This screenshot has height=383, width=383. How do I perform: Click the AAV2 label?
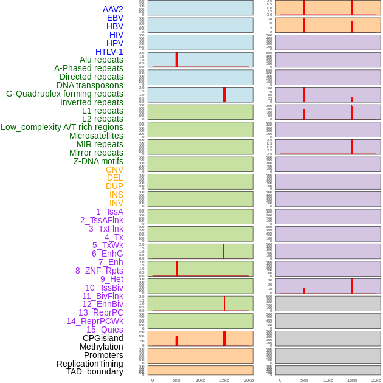(113, 9)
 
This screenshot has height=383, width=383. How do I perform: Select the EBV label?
(115, 18)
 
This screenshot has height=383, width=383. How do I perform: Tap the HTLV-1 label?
(109, 52)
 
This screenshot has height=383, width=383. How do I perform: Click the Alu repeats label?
(102, 60)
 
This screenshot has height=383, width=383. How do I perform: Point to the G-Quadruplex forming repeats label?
(64, 94)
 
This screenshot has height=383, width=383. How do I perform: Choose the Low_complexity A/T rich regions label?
(62, 127)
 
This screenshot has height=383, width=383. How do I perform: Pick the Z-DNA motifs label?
(98, 161)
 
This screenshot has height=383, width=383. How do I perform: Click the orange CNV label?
(114, 170)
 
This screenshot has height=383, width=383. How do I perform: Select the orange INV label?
(116, 203)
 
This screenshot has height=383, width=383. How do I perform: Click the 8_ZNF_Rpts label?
(99, 271)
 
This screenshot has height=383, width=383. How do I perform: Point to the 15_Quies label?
(105, 330)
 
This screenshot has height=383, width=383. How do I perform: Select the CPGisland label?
(103, 338)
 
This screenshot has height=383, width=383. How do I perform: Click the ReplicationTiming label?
(90, 364)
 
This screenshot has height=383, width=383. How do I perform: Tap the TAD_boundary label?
(95, 371)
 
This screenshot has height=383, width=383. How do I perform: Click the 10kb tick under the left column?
(201, 380)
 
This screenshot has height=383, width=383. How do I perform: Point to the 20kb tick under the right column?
(376, 380)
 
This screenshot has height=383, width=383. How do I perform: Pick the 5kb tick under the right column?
(304, 380)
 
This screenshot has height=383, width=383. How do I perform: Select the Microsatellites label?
(96, 136)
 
